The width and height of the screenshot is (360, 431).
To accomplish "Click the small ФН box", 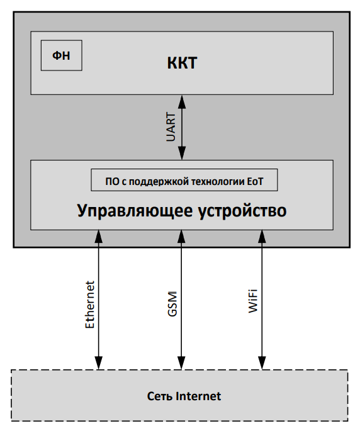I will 62,56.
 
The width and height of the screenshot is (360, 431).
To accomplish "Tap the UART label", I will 170,127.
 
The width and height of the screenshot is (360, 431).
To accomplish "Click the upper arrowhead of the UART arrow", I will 182,101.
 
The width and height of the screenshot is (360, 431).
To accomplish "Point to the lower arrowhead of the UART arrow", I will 182,154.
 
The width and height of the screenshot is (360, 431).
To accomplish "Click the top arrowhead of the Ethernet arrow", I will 99,237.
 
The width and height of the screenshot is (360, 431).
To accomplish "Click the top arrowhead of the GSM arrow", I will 181,237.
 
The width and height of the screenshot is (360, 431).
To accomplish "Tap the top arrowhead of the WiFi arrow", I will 262,237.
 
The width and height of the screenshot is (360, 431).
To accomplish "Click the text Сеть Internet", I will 184,396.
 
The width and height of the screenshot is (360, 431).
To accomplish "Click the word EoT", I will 253,181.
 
